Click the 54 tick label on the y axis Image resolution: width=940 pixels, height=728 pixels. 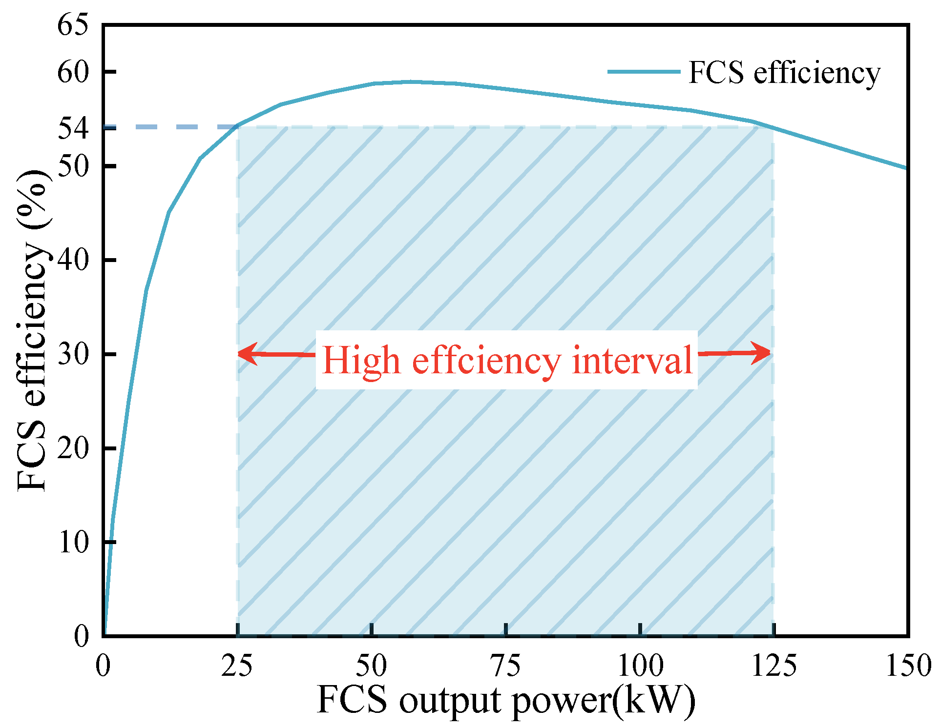[73, 128]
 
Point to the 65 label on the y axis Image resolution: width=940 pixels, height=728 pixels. [73, 24]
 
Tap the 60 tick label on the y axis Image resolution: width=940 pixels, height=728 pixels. [73, 72]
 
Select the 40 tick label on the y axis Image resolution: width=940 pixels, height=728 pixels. [73, 260]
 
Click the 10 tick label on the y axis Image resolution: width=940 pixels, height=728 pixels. [73, 542]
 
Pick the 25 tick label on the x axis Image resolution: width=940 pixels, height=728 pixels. [237, 665]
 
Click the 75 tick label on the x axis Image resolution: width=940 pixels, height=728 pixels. [505, 665]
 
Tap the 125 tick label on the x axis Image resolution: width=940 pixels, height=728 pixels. [774, 665]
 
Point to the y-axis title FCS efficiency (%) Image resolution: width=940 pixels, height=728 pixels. [32, 330]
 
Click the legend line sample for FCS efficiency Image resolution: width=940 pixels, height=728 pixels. [644, 72]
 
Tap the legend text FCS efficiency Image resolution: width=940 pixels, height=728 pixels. [784, 73]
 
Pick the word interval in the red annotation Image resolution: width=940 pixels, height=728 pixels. [632, 360]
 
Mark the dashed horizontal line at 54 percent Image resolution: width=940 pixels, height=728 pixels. [171, 127]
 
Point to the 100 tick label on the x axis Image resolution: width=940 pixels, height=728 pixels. [640, 665]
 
